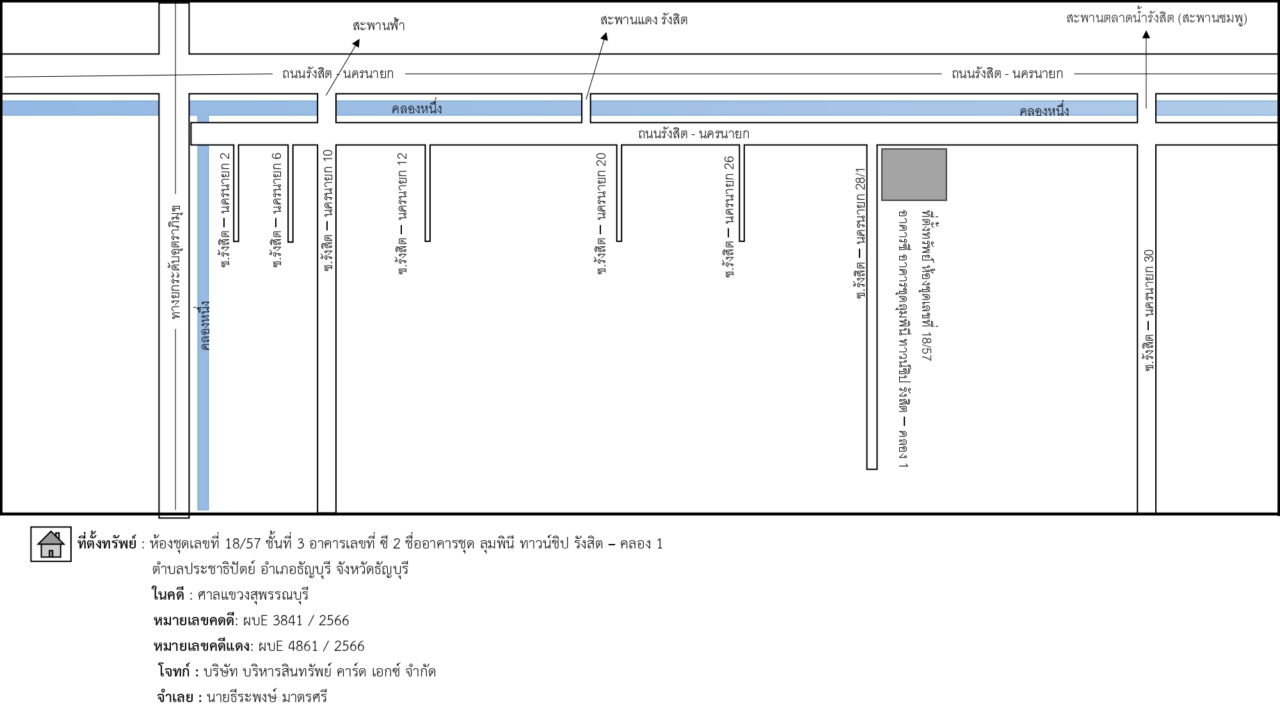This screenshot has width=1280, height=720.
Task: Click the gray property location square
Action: click(x=914, y=175)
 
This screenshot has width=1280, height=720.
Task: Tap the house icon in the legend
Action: click(x=51, y=545)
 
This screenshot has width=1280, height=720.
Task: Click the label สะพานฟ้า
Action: click(x=378, y=26)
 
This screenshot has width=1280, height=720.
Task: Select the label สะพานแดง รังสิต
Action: click(x=644, y=20)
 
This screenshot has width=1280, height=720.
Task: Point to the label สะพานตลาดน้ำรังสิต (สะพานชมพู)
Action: click(x=1156, y=19)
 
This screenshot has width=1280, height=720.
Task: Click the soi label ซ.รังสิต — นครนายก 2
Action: click(x=225, y=209)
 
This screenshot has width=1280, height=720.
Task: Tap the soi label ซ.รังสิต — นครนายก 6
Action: click(x=276, y=209)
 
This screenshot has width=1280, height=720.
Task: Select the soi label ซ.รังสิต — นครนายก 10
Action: click(x=328, y=211)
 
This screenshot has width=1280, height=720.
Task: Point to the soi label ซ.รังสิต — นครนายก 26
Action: click(x=729, y=216)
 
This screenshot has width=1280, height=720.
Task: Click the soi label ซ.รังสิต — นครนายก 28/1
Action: click(x=861, y=234)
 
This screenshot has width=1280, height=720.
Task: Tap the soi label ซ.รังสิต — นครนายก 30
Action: click(x=1149, y=311)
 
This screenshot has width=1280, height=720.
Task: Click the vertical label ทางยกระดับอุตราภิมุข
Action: click(x=176, y=262)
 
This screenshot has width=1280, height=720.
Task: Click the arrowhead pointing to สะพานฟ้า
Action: click(x=356, y=43)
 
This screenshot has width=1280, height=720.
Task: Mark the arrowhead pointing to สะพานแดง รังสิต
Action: click(x=604, y=36)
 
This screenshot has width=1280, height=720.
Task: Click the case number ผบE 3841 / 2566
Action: click(x=296, y=621)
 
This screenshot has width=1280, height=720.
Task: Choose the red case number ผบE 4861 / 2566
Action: click(x=311, y=646)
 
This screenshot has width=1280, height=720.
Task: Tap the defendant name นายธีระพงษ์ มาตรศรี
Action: click(x=267, y=698)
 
